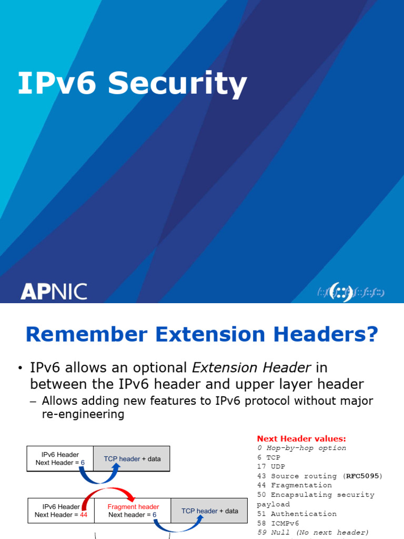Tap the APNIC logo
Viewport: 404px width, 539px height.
(54, 291)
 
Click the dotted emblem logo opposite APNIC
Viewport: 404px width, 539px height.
(350, 292)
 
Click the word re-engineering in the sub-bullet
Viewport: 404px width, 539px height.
(83, 414)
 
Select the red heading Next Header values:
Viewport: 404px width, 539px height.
(301, 438)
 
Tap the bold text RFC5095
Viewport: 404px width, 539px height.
(362, 476)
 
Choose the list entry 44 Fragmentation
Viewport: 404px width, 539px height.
(295, 485)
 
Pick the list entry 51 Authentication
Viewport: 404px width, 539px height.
(297, 514)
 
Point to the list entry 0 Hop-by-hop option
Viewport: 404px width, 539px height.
(301, 448)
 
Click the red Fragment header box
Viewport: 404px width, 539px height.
(133, 511)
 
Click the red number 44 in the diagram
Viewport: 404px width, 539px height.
(84, 515)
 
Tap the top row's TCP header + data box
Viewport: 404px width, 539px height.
(132, 458)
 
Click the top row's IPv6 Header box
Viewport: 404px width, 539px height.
(60, 458)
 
